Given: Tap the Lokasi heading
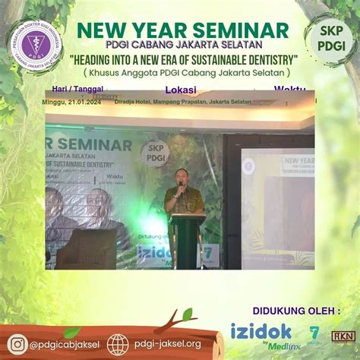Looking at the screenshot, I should click(x=180, y=89).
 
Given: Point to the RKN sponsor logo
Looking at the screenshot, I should click(x=344, y=334).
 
